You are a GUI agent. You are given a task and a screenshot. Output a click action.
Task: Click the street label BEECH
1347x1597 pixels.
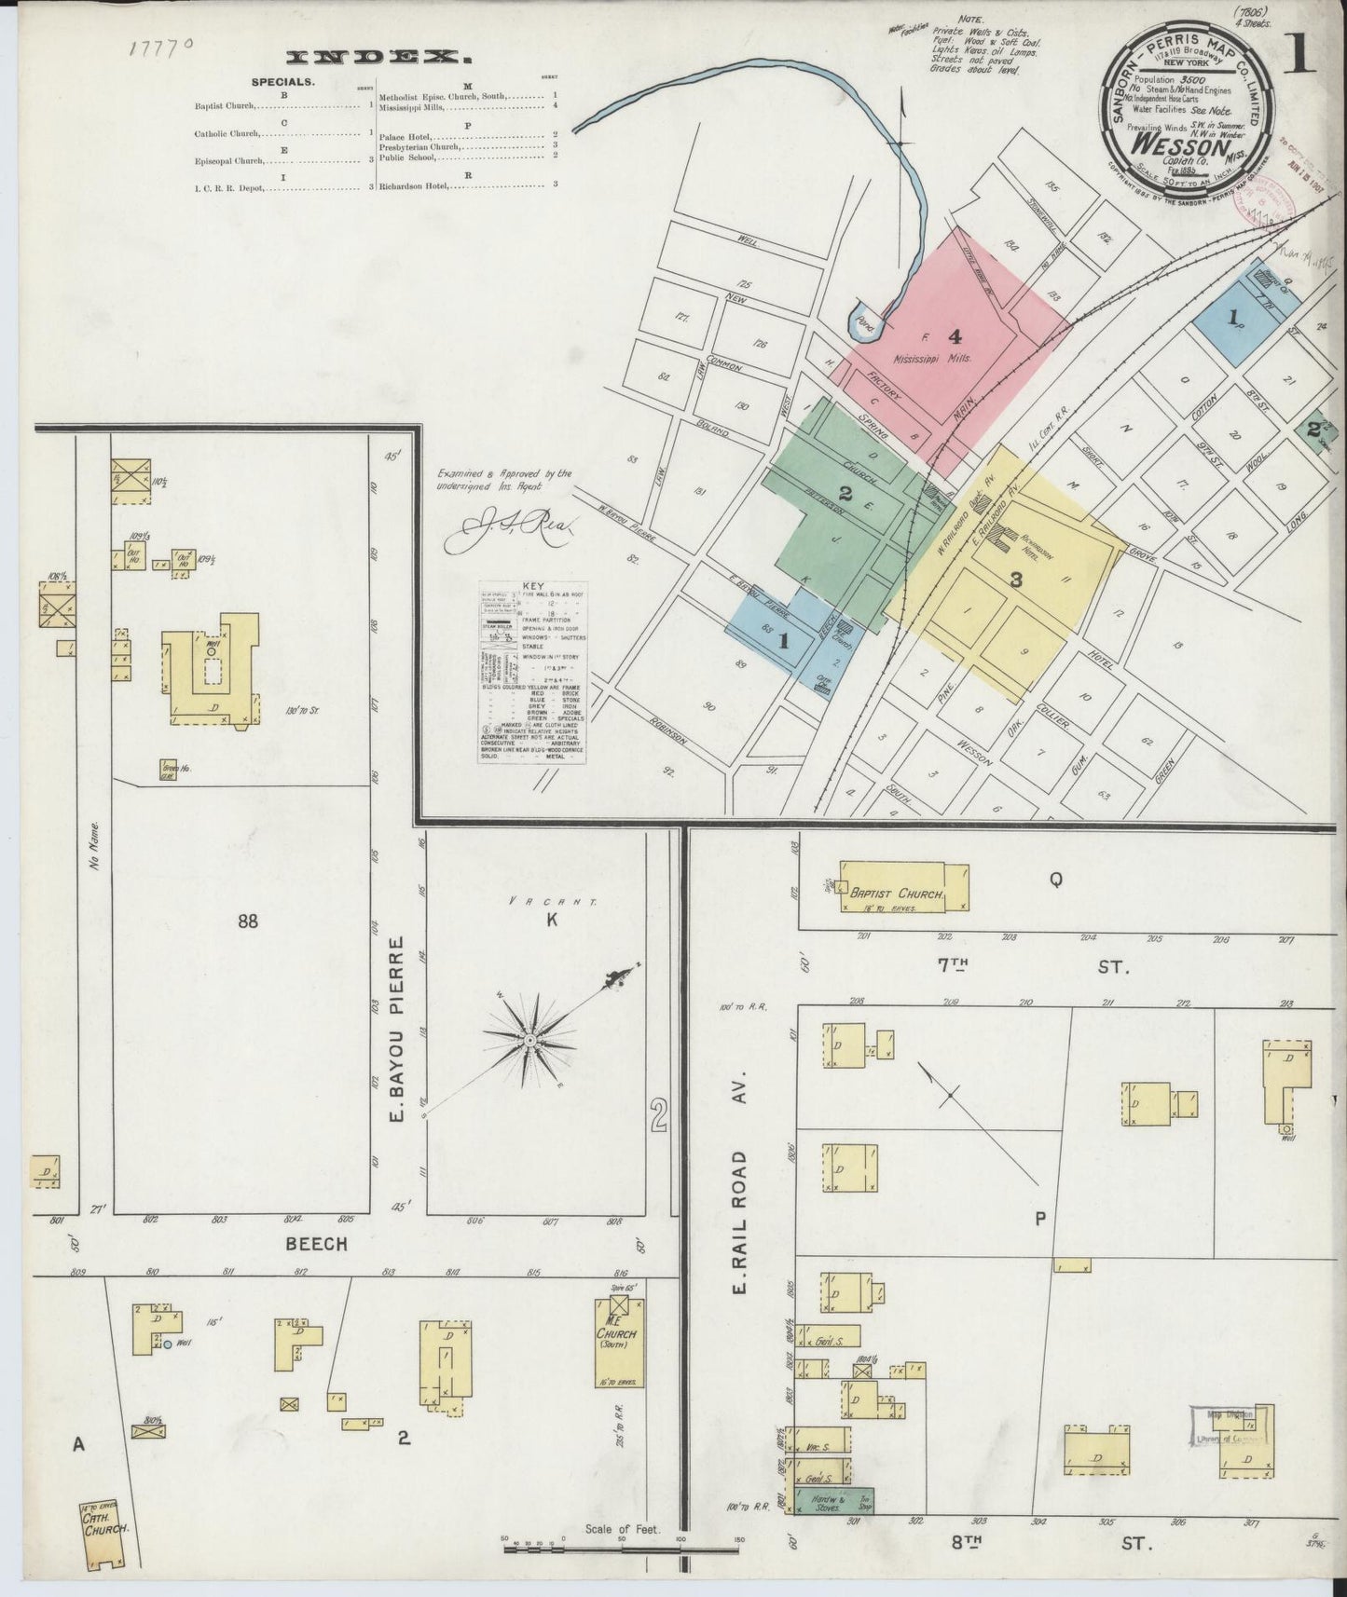pyautogui.click(x=316, y=1244)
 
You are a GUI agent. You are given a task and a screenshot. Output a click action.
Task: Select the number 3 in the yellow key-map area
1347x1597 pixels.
pyautogui.click(x=1016, y=579)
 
